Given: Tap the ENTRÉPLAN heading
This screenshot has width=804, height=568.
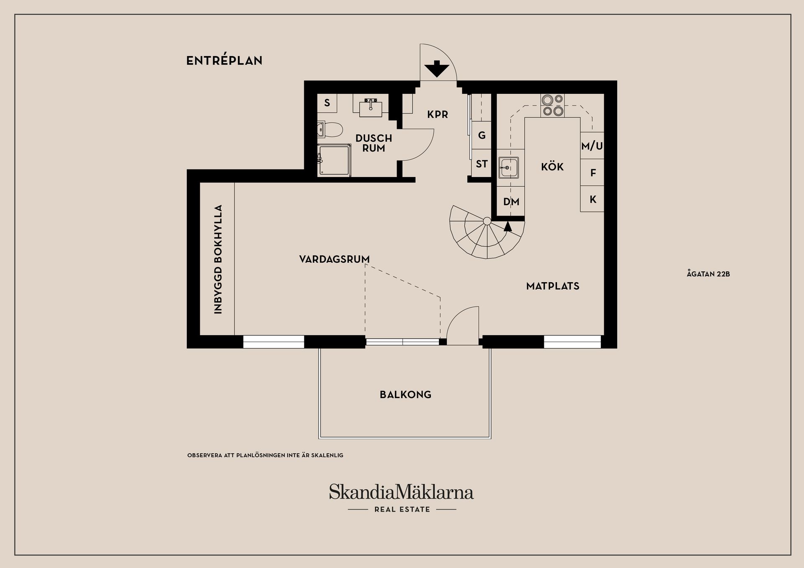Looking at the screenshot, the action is pyautogui.click(x=224, y=61).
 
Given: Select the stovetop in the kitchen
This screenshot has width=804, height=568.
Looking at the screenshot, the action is pyautogui.click(x=552, y=105).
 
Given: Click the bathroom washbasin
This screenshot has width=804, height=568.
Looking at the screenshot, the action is pyautogui.click(x=371, y=108).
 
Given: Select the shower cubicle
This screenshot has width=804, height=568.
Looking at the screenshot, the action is pyautogui.click(x=334, y=160).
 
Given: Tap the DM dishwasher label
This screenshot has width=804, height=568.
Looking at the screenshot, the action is pyautogui.click(x=511, y=202).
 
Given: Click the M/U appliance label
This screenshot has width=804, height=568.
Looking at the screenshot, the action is pyautogui.click(x=592, y=146).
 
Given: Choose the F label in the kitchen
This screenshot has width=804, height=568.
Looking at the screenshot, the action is pyautogui.click(x=593, y=173).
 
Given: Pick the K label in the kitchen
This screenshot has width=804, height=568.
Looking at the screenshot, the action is pyautogui.click(x=593, y=200).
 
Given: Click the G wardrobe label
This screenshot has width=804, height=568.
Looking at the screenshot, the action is pyautogui.click(x=482, y=135).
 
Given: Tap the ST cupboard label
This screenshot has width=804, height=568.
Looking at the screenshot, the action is pyautogui.click(x=482, y=164).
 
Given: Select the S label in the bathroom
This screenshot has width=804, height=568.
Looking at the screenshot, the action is pyautogui.click(x=327, y=103).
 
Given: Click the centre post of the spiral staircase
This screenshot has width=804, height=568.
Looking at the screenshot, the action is pyautogui.click(x=487, y=221).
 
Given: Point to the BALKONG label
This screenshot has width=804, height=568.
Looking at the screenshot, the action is pyautogui.click(x=405, y=395).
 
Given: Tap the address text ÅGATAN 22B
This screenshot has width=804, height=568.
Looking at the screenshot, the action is pyautogui.click(x=709, y=274).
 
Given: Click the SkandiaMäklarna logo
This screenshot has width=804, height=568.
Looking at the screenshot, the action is pyautogui.click(x=401, y=492).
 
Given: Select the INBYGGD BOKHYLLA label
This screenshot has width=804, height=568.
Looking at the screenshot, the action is pyautogui.click(x=218, y=259).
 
